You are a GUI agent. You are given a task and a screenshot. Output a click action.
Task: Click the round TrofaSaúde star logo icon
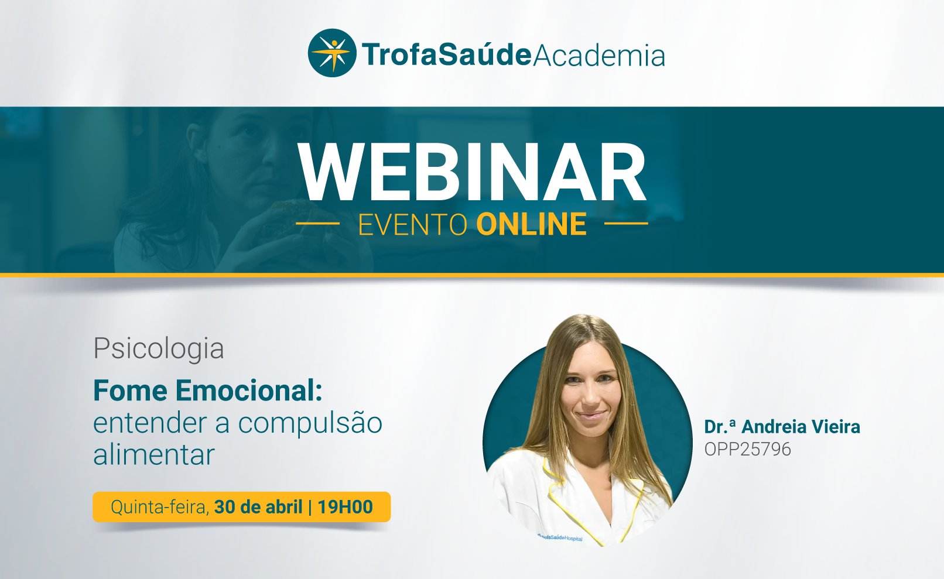click(x=332, y=53)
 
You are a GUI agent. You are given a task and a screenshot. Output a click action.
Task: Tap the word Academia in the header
click(x=599, y=55)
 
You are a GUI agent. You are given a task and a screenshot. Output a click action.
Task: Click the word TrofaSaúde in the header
click(x=447, y=55)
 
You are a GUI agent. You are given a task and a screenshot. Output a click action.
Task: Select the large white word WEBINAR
click(x=472, y=172)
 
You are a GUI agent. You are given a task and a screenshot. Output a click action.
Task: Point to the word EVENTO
click(x=413, y=224)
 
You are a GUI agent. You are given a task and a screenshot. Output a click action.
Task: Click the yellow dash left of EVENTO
click(x=318, y=223)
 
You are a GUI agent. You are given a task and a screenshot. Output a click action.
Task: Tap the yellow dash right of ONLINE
click(x=626, y=223)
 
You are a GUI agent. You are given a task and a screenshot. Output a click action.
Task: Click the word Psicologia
click(x=159, y=349)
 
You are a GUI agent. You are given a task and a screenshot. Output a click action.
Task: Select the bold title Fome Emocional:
click(x=208, y=390)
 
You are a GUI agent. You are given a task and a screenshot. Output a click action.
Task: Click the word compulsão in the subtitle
click(x=310, y=423)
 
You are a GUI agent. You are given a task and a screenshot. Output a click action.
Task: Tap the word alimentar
click(x=154, y=454)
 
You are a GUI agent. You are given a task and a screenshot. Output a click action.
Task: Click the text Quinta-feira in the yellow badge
click(x=160, y=507)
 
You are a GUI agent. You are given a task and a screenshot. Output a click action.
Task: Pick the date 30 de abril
click(x=258, y=507)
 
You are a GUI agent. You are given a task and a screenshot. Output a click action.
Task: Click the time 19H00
click(x=345, y=507)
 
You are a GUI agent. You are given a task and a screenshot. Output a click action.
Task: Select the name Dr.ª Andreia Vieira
click(x=782, y=426)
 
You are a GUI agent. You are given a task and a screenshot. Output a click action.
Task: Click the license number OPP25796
click(x=748, y=449)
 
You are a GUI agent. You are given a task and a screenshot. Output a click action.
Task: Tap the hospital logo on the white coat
click(x=560, y=537)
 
